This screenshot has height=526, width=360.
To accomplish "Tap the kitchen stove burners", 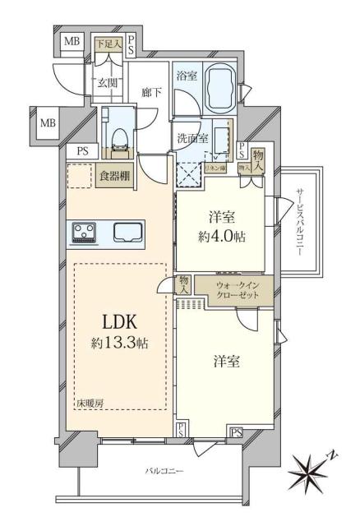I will (x=84, y=233).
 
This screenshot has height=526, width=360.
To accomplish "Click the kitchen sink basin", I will (x=128, y=233).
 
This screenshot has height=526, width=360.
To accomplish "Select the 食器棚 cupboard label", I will (x=115, y=176).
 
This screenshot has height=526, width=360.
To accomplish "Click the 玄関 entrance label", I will (x=108, y=82).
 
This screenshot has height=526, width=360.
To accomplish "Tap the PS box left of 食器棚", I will (x=82, y=150).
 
